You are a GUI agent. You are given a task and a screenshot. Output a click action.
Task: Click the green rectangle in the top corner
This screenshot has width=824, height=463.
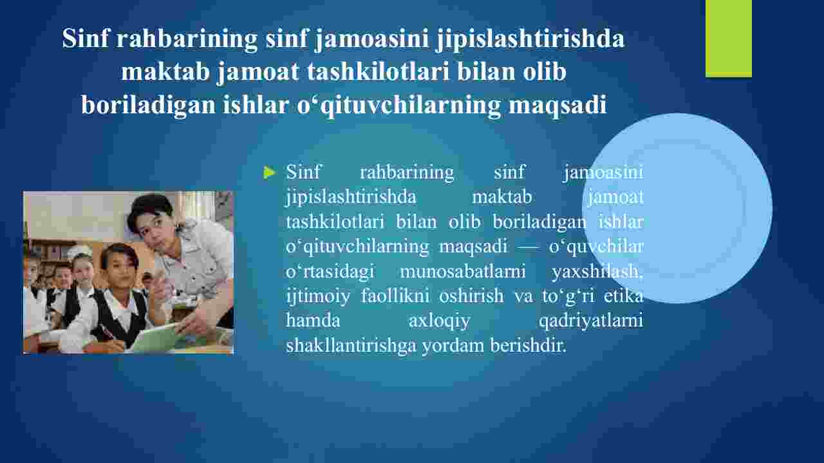(x=728, y=38)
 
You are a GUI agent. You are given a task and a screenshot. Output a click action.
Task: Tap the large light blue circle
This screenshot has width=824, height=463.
(x=677, y=208)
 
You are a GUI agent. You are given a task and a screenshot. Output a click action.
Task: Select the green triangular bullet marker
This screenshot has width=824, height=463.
(x=269, y=172)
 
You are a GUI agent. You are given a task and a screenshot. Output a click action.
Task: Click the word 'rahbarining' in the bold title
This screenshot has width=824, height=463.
(x=187, y=38)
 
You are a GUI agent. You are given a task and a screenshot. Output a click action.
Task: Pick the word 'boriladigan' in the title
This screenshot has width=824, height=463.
(x=148, y=105)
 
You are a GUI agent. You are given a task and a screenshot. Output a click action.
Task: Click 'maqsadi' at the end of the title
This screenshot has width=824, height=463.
(x=557, y=106)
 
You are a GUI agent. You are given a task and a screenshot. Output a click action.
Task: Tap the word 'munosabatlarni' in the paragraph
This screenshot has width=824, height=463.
(x=462, y=272)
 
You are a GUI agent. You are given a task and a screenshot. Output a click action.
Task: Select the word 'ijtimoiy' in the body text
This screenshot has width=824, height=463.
(x=318, y=297)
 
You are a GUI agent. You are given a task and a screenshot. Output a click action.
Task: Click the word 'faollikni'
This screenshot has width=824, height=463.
(x=395, y=296)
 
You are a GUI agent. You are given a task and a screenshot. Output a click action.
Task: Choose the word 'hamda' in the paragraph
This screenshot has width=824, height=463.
(x=313, y=321)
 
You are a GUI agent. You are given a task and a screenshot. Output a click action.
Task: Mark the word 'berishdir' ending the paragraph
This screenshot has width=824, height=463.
(x=528, y=346)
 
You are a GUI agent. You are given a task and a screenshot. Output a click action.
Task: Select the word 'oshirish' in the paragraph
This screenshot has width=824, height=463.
(x=471, y=296)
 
